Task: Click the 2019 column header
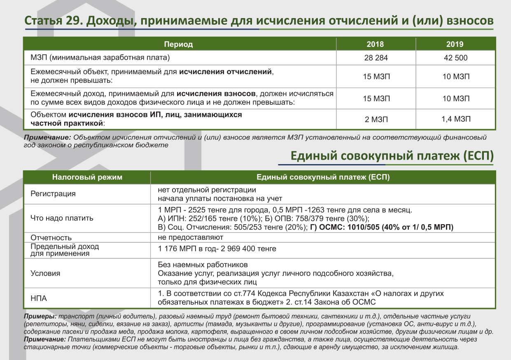tap(455, 44)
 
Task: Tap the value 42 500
tap(455, 58)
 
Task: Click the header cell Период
tap(178, 44)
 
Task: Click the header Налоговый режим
tap(87, 177)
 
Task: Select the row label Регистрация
tap(53, 194)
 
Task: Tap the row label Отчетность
tap(51, 238)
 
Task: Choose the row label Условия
tap(45, 274)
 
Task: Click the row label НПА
tap(39, 299)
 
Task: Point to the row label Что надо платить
tap(62, 218)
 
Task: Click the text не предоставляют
tap(190, 237)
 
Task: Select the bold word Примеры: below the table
tap(40, 317)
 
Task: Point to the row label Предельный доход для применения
tap(65, 250)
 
